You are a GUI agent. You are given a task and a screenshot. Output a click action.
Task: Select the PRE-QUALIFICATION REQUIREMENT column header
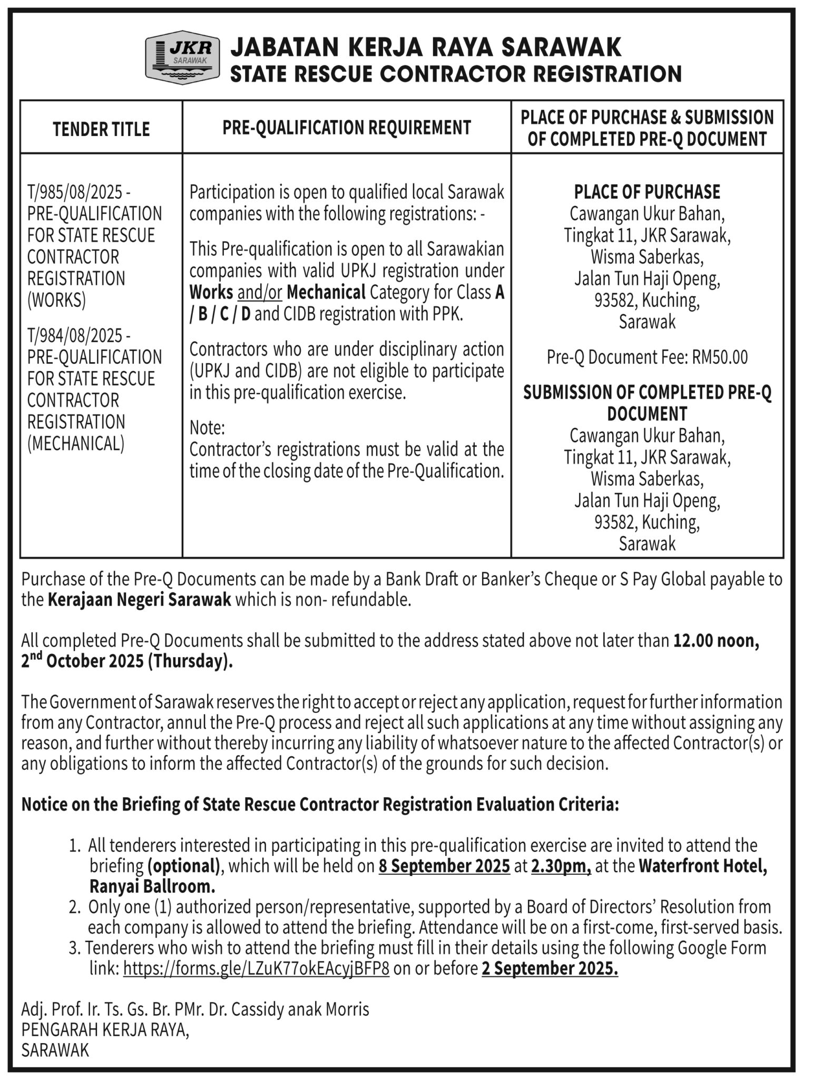(346, 128)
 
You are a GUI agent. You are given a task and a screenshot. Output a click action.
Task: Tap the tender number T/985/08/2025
(75, 191)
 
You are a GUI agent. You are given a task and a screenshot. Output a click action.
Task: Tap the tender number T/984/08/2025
(75, 335)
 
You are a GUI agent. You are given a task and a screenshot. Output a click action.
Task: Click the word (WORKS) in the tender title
(56, 300)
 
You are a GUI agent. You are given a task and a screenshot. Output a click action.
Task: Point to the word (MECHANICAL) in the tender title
(76, 443)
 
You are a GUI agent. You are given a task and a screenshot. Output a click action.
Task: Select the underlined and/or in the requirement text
(260, 292)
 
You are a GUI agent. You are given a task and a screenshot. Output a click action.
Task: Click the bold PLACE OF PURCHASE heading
(647, 192)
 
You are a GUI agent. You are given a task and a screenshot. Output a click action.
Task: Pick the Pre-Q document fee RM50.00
(720, 358)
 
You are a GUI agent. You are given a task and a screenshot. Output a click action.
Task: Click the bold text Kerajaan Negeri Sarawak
(140, 601)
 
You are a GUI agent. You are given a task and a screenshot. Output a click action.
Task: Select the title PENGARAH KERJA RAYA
(104, 1029)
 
